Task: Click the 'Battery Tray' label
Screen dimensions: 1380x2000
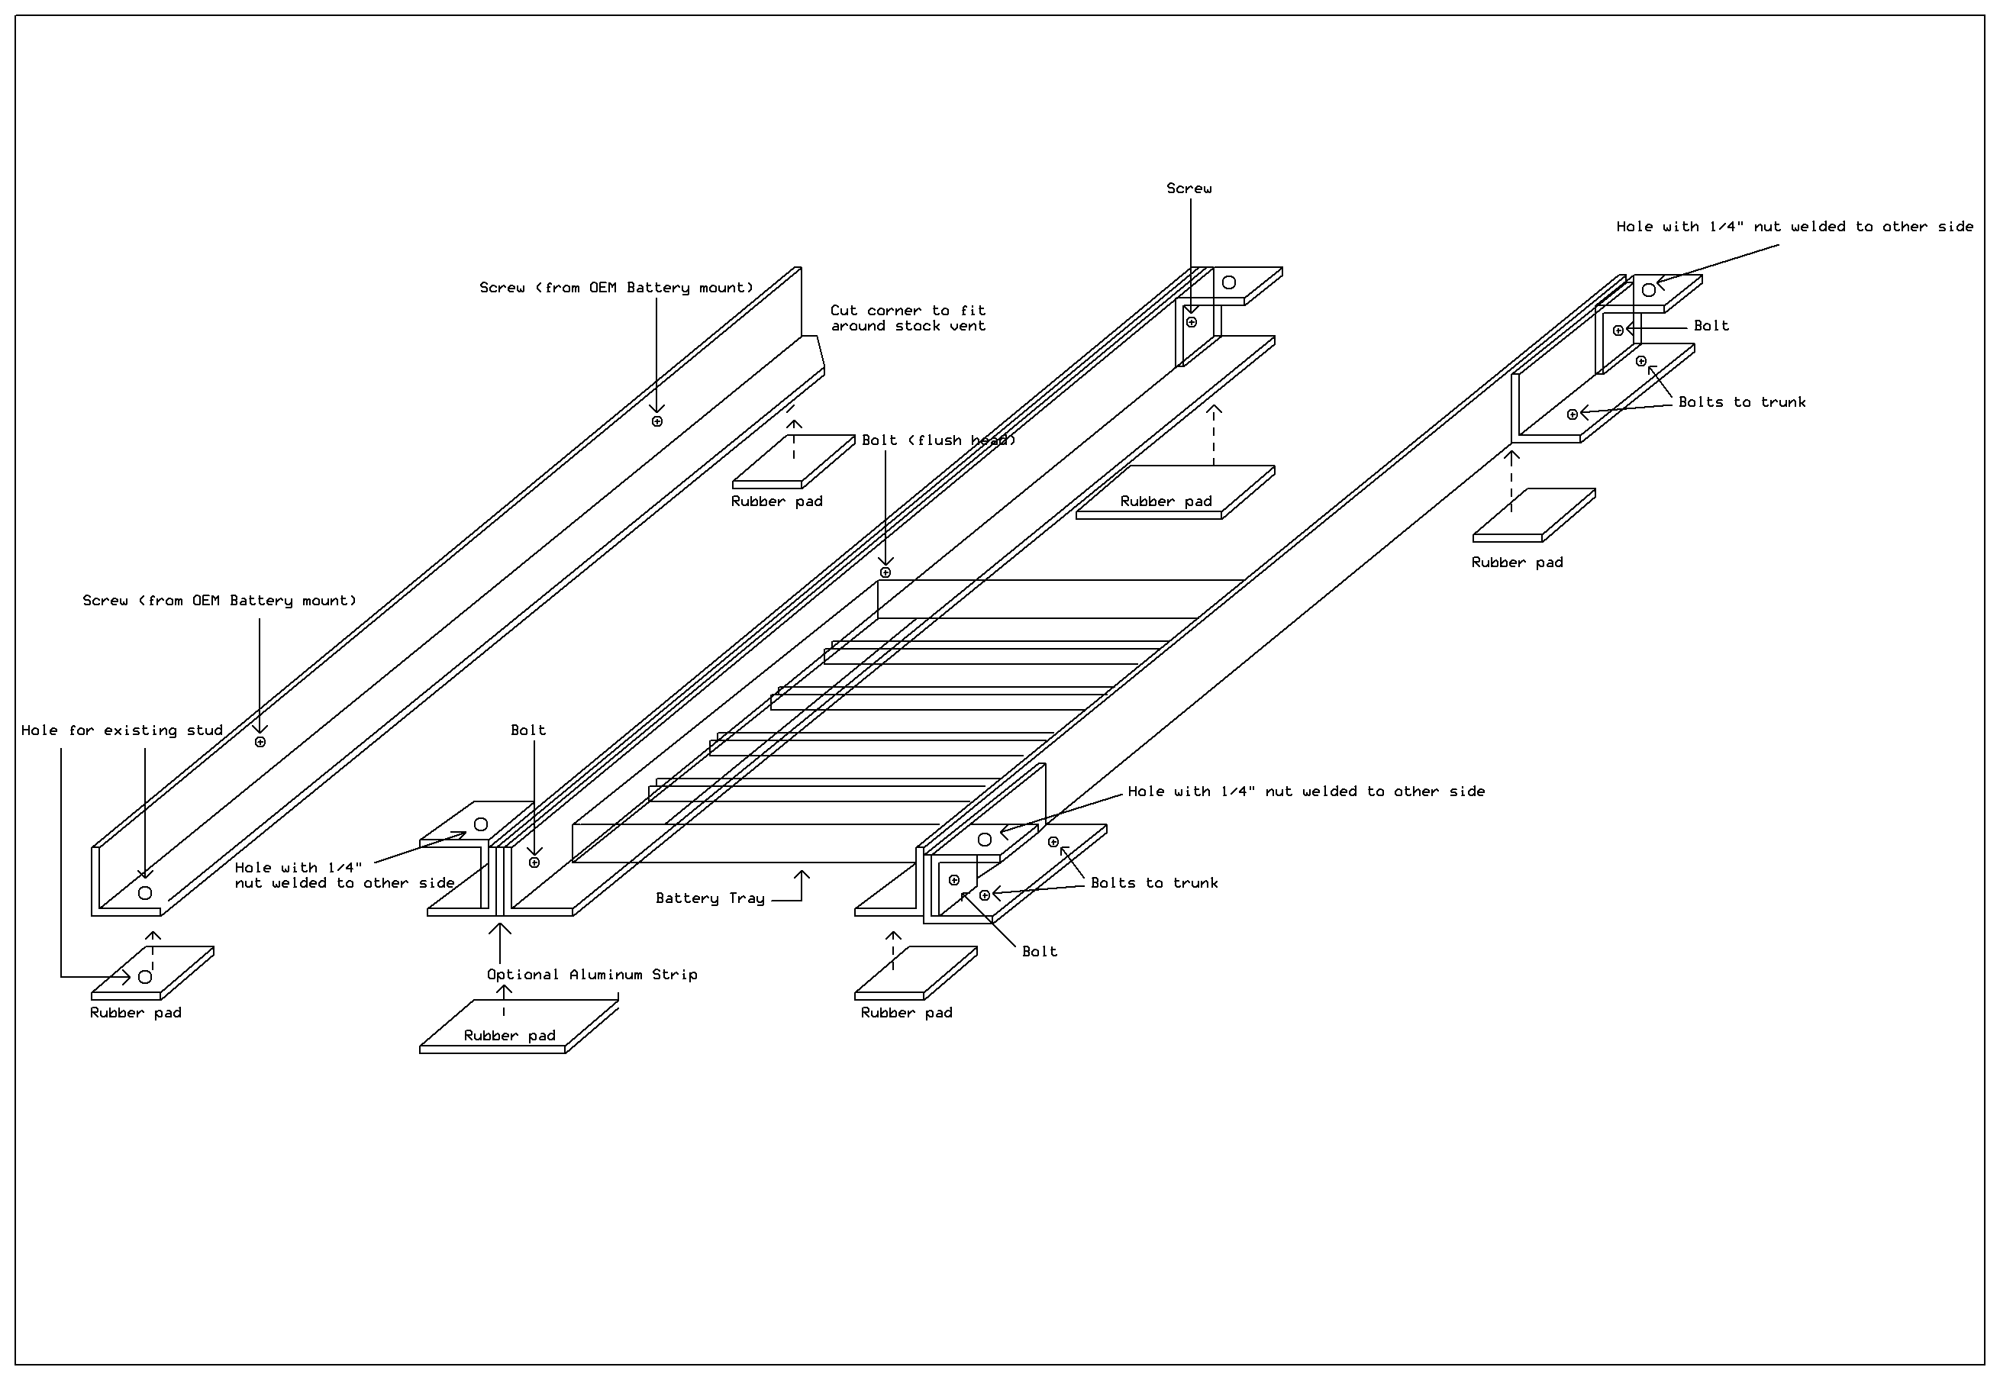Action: pyautogui.click(x=709, y=898)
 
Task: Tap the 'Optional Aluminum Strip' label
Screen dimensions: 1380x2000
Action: pyautogui.click(x=592, y=975)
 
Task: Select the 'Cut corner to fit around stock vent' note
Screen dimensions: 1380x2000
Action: pyautogui.click(x=907, y=318)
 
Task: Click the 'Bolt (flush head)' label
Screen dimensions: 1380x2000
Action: pyautogui.click(x=938, y=440)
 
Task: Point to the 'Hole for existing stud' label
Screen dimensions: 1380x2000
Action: pyautogui.click(x=122, y=730)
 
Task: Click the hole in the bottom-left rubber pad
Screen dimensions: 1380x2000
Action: pyautogui.click(x=145, y=977)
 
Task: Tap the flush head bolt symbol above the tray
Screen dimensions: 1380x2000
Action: pyautogui.click(x=885, y=572)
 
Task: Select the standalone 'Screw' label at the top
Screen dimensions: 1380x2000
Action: pyautogui.click(x=1189, y=189)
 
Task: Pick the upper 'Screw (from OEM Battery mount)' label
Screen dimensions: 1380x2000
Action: pyautogui.click(x=617, y=288)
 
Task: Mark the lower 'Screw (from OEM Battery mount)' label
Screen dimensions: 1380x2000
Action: pyautogui.click(x=220, y=601)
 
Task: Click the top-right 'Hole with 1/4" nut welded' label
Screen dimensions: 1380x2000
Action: pyautogui.click(x=1794, y=227)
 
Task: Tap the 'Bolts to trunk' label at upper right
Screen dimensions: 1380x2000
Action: pyautogui.click(x=1741, y=402)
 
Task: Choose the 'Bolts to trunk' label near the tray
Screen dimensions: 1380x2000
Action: pyautogui.click(x=1153, y=883)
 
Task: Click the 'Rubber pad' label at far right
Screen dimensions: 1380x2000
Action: pyautogui.click(x=1517, y=563)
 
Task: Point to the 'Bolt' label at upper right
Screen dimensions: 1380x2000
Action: pyautogui.click(x=1711, y=326)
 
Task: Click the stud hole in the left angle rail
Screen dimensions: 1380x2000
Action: pyautogui.click(x=145, y=893)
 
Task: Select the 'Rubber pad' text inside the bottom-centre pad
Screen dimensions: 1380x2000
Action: pyautogui.click(x=509, y=1036)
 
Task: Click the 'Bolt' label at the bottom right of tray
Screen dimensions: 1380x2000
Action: pyautogui.click(x=1040, y=952)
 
